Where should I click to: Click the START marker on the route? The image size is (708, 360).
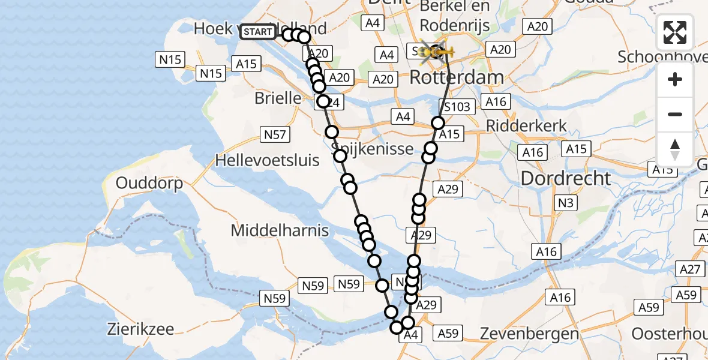click(x=258, y=32)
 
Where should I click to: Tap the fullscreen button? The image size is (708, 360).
click(x=675, y=32)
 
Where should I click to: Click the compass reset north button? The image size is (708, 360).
click(x=675, y=149)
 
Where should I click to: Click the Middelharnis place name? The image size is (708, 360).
click(x=280, y=230)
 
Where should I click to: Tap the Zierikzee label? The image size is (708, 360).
click(x=141, y=329)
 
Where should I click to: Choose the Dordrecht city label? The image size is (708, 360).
click(x=566, y=178)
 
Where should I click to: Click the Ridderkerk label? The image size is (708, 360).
click(x=527, y=127)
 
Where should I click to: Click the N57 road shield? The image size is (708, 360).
click(x=274, y=134)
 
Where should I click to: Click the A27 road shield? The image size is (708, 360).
click(x=691, y=269)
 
